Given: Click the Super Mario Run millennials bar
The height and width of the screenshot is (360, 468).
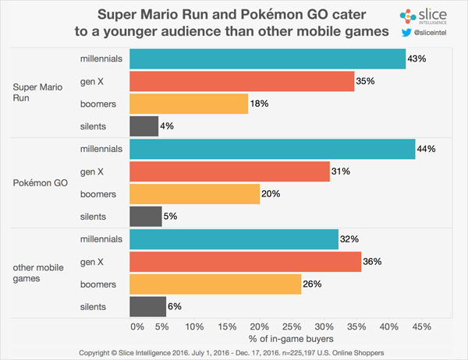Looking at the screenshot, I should pos(268,59).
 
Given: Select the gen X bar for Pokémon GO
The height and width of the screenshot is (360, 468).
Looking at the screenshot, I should pos(229,171).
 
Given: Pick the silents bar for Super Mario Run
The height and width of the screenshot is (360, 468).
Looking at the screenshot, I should pos(144,125).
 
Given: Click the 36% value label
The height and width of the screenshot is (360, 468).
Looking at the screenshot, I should pos(372,262).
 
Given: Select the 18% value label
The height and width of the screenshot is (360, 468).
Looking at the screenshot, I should pos(259,103).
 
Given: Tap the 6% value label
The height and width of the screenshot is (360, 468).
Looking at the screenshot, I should pos(175,307).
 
